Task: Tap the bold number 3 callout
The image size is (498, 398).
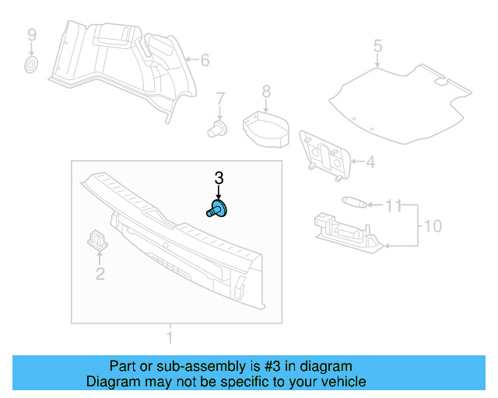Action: point(219,178)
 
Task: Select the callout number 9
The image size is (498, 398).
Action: point(32,35)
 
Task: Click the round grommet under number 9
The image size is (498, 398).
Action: point(31,64)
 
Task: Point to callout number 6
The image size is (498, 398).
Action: point(205,60)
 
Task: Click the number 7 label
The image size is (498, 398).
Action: point(220,99)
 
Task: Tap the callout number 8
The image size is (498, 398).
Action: point(266,93)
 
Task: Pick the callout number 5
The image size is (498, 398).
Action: point(377,46)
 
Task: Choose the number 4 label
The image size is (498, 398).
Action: point(370,162)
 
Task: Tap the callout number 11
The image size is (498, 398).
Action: point(395,206)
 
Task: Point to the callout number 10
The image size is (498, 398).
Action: point(432,226)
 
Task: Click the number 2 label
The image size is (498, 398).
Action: point(100,273)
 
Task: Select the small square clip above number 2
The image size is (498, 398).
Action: point(97,237)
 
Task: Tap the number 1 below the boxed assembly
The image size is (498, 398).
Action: point(169,337)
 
